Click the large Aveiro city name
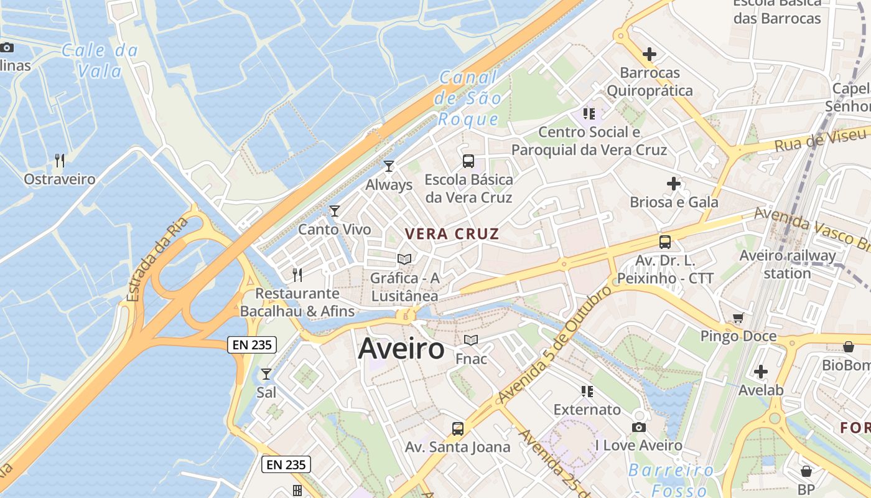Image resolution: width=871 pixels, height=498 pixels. pyautogui.click(x=401, y=349)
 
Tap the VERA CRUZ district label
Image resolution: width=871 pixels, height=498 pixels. pyautogui.click(x=452, y=234)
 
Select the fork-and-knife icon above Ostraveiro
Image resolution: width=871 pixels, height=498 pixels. pyautogui.click(x=60, y=161)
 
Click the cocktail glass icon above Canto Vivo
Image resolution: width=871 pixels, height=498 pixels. pyautogui.click(x=335, y=211)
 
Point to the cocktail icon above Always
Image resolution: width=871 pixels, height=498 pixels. pyautogui.click(x=389, y=166)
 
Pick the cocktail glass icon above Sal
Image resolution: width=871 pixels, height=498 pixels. pyautogui.click(x=266, y=374)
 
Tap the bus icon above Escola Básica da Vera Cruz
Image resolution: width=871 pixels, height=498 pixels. pyautogui.click(x=468, y=161)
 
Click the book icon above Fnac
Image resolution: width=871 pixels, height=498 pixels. pyautogui.click(x=471, y=340)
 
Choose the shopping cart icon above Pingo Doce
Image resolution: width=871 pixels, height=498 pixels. pyautogui.click(x=738, y=318)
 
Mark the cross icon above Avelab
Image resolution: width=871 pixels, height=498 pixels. pyautogui.click(x=760, y=372)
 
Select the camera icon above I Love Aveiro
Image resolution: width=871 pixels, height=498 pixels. pyautogui.click(x=638, y=427)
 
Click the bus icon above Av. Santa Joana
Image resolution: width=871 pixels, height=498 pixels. pyautogui.click(x=458, y=428)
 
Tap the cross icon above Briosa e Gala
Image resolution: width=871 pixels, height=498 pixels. pyautogui.click(x=673, y=184)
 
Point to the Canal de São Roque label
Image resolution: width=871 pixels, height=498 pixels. pyautogui.click(x=469, y=98)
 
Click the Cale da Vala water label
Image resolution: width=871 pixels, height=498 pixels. pyautogui.click(x=100, y=60)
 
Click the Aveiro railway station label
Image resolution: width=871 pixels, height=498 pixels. pyautogui.click(x=788, y=264)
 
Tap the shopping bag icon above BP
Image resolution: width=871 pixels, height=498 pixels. pyautogui.click(x=806, y=471)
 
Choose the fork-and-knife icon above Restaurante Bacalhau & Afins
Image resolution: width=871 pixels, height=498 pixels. pyautogui.click(x=297, y=275)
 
